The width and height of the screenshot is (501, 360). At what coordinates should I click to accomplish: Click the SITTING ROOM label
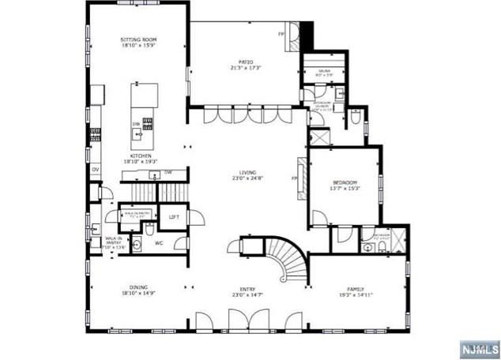136,39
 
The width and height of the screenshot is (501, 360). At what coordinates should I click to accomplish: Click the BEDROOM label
345,182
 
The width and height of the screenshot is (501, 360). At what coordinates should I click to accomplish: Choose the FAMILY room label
354,289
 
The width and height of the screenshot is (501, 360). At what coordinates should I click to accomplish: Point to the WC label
159,242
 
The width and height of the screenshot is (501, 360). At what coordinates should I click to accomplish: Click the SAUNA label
324,71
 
